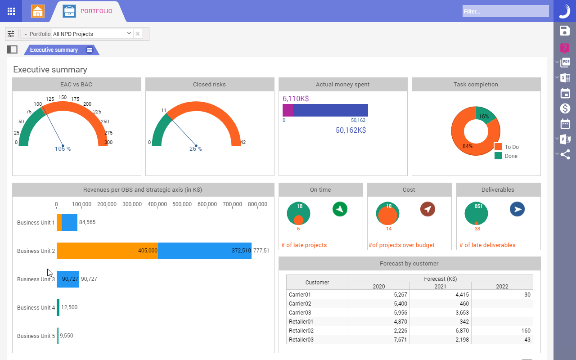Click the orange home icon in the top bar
point(38,11)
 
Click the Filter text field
point(505,11)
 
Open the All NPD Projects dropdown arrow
point(129,34)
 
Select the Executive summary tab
point(54,50)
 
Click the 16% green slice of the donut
point(485,115)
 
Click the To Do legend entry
point(511,147)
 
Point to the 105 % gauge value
point(63,149)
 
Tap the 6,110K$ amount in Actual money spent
point(296,99)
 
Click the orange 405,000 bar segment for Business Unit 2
point(108,251)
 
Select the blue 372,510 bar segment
point(205,251)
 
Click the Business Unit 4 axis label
point(36,308)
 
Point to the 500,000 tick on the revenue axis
point(182,204)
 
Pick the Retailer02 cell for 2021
point(440,331)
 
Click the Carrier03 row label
point(300,313)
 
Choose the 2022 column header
point(502,287)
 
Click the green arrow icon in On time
point(340,209)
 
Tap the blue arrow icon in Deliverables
point(517,209)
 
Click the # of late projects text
point(304,245)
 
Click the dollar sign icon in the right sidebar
point(565,108)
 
